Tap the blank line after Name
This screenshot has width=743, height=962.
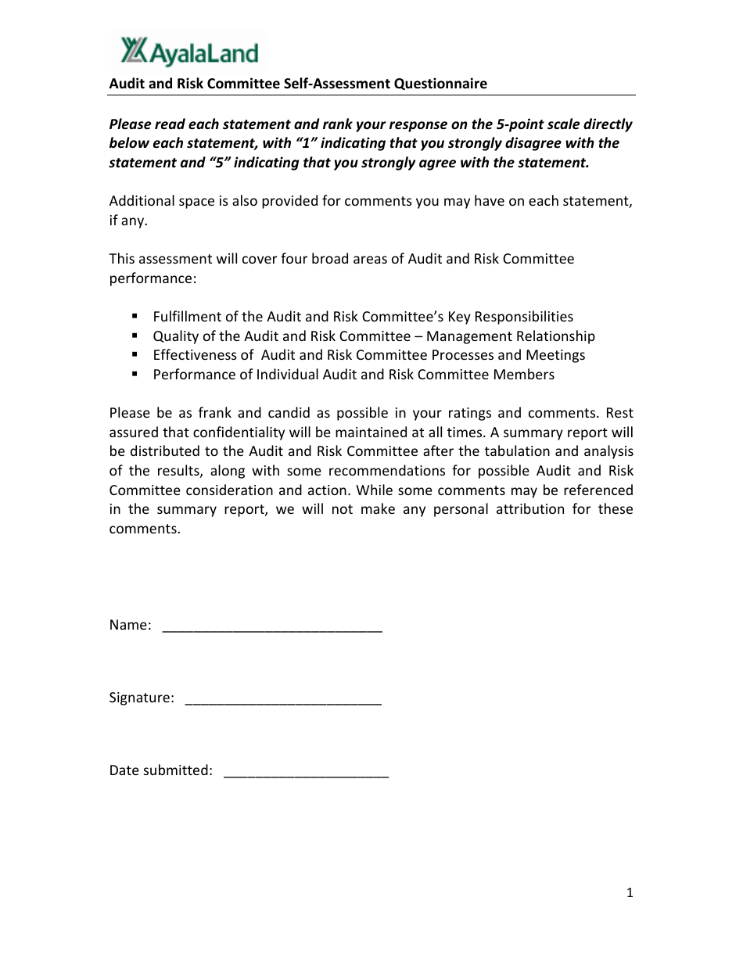271,626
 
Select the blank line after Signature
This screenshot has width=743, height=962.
283,698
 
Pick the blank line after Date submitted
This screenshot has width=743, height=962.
306,771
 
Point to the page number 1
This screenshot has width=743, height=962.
630,893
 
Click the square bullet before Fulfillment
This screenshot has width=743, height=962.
135,316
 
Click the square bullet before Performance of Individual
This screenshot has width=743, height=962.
135,374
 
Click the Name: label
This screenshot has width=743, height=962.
130,625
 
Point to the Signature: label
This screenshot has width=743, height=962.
142,698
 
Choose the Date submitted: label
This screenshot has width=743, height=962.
160,770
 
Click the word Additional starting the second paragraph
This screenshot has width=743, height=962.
141,201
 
